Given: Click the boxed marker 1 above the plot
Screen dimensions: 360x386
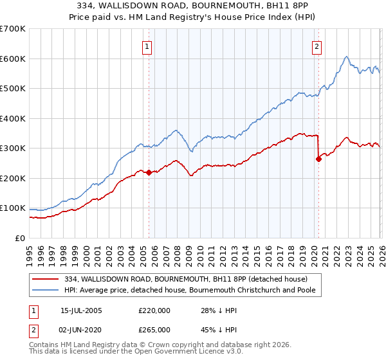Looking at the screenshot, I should tap(148, 46).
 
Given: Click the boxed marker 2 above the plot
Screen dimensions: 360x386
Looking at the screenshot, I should tap(318, 46).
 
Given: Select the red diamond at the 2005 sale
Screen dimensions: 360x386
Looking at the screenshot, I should tap(149, 172).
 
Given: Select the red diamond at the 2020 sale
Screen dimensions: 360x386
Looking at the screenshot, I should tap(318, 159).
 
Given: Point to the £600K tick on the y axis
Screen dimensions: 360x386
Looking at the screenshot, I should tap(13, 59).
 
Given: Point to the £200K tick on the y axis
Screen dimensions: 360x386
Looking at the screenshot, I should tap(13, 178).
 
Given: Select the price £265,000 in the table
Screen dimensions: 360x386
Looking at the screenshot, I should tap(154, 329).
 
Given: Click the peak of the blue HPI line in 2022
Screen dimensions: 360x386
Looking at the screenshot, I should tap(346, 57).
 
